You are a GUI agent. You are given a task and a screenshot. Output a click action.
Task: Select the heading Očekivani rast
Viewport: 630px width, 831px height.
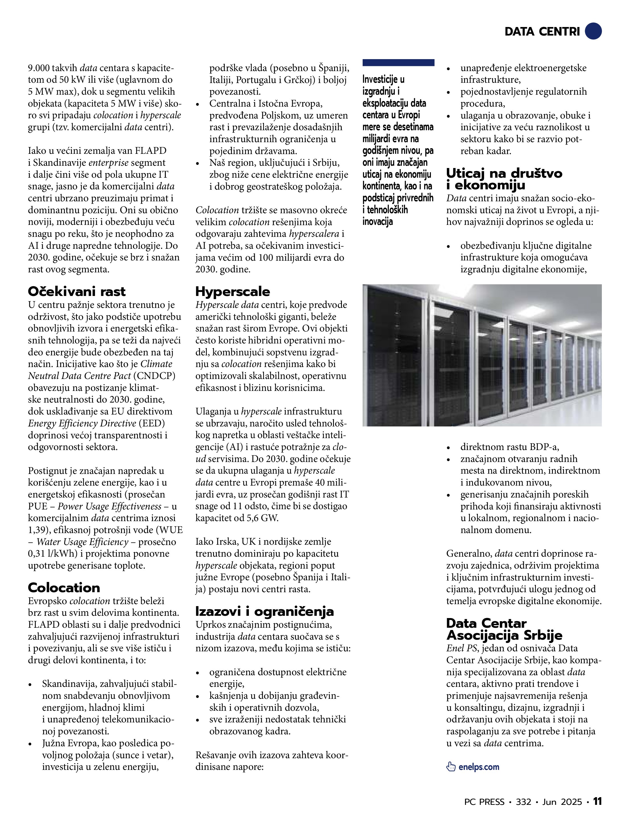(77, 291)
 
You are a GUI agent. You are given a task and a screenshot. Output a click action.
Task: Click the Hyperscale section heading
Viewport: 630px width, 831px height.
(232, 291)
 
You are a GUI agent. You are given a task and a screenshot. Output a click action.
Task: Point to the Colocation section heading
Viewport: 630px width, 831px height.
(64, 588)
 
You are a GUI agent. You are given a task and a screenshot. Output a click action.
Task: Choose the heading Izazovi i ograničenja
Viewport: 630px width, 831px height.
(264, 612)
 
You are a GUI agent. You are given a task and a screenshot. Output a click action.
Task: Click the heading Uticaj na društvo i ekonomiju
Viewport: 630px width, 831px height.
(504, 179)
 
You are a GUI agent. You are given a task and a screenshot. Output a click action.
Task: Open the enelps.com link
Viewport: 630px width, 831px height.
(479, 767)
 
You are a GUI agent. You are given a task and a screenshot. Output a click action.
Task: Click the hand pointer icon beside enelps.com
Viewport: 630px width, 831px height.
(451, 767)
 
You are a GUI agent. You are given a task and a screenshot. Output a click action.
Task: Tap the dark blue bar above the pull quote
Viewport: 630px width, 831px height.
(398, 62)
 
